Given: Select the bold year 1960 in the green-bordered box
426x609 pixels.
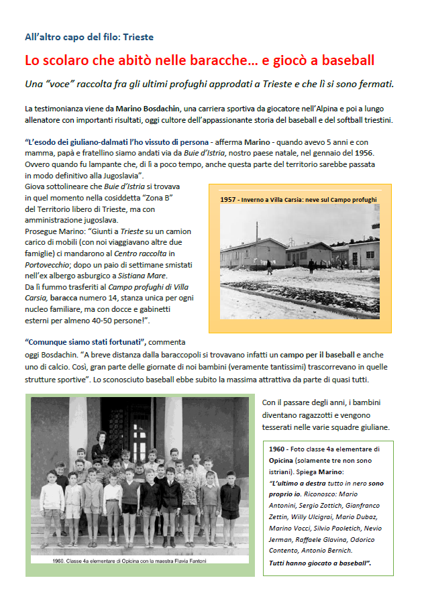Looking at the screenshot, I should pos(277,449).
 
